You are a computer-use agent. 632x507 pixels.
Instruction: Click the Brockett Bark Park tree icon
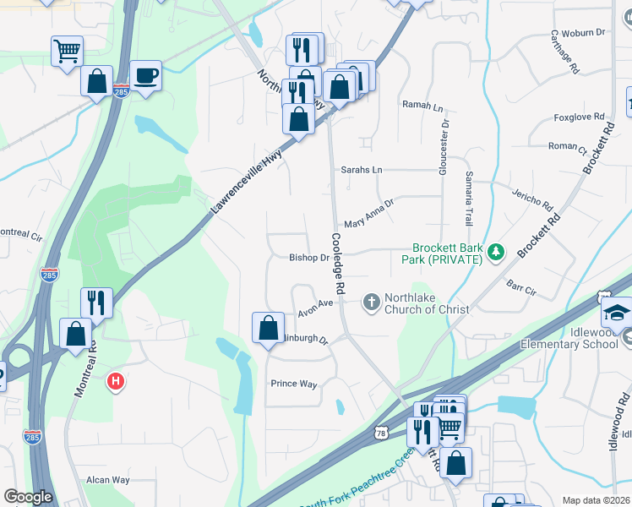(497, 252)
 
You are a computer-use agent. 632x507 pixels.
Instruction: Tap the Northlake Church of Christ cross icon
(371, 302)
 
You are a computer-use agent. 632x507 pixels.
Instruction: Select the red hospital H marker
(116, 382)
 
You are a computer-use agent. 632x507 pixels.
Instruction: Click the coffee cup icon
(145, 75)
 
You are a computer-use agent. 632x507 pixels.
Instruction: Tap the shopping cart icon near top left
(67, 50)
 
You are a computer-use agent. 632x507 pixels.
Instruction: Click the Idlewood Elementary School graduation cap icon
(617, 313)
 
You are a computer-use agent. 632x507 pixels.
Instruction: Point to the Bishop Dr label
(308, 258)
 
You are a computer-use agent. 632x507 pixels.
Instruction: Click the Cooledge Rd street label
(338, 264)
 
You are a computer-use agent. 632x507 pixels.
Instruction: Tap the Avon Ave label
(315, 310)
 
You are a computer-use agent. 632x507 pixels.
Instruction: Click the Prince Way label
(293, 384)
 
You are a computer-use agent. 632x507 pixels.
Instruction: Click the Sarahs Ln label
(362, 170)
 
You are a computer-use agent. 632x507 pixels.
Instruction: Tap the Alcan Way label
(108, 480)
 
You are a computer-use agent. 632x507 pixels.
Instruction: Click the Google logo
(28, 497)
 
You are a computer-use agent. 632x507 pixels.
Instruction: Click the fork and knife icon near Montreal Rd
(97, 302)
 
